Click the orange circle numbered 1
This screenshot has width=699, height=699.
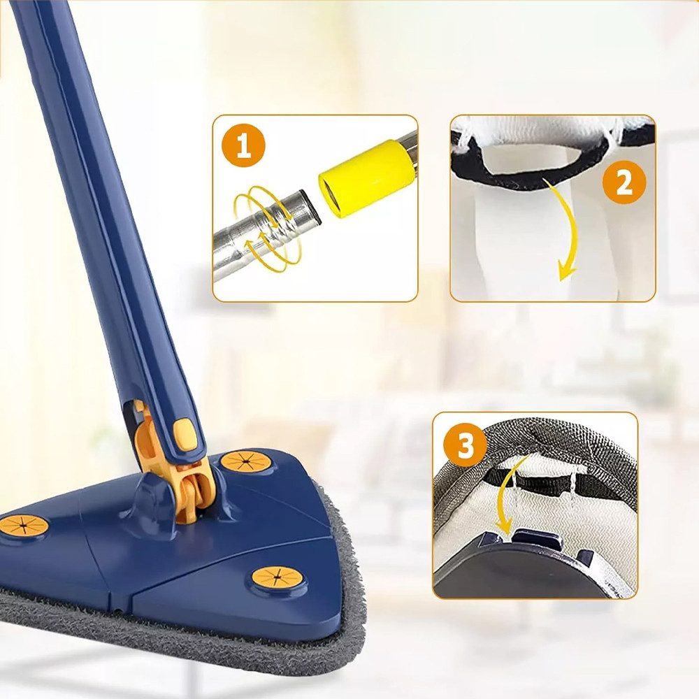tap(243, 145)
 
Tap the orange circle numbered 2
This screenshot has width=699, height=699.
tap(624, 182)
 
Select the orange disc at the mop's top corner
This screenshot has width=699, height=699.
tap(244, 462)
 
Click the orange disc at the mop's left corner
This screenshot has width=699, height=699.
tap(24, 526)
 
